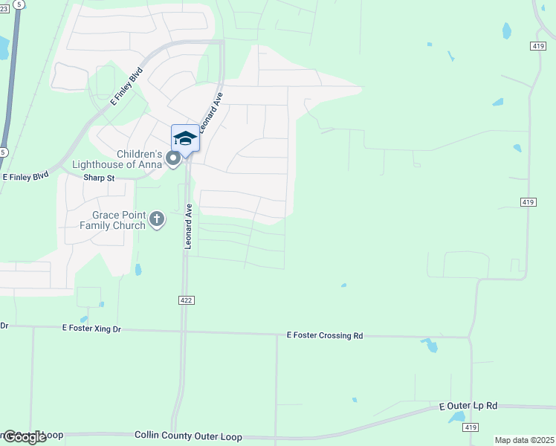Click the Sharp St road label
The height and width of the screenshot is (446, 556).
[99, 178]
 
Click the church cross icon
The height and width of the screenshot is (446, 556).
[156, 219]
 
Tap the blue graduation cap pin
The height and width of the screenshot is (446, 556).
[185, 138]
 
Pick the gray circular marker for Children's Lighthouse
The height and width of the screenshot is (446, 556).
[174, 159]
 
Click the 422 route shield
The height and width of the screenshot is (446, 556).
[186, 300]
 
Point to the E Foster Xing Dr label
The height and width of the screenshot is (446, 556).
[91, 328]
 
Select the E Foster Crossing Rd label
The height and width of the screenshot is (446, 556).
[325, 336]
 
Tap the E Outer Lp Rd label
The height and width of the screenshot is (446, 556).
[468, 406]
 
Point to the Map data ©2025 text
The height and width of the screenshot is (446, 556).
[524, 440]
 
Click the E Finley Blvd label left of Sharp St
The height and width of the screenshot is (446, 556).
[26, 177]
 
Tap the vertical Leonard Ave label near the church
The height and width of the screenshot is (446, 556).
[189, 226]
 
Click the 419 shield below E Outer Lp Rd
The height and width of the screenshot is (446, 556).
[471, 427]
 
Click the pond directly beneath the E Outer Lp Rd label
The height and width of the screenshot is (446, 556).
[456, 418]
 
